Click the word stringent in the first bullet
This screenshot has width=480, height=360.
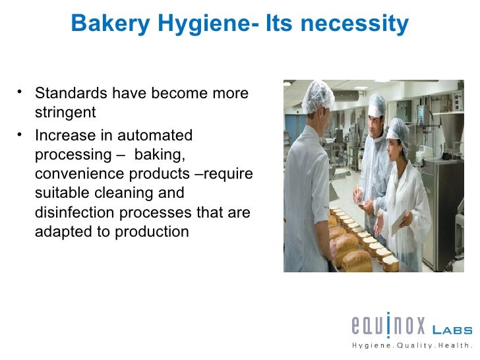(x=65, y=113)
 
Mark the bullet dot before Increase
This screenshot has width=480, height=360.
(x=23, y=135)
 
